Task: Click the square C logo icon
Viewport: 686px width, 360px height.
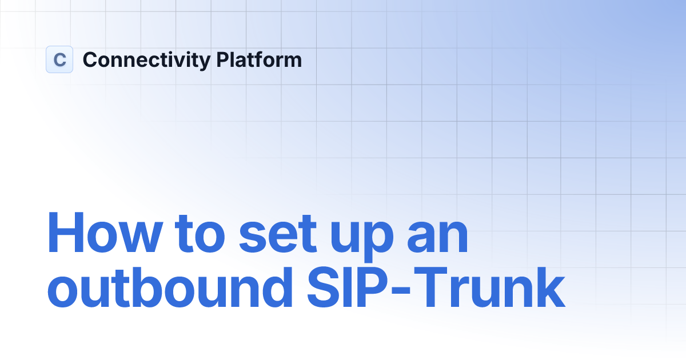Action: [x=59, y=59]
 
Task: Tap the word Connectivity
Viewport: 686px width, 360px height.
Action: [x=146, y=60]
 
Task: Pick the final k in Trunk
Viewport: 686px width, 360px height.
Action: [x=550, y=290]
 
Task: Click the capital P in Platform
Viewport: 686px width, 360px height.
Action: [x=223, y=59]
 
